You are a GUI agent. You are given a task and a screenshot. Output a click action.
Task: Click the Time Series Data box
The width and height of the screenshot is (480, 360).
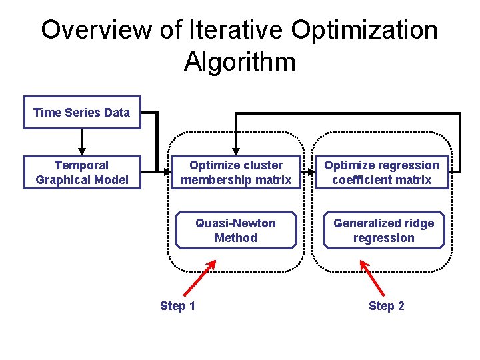82,112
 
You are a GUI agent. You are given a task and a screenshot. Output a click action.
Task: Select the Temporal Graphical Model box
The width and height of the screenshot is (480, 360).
82,173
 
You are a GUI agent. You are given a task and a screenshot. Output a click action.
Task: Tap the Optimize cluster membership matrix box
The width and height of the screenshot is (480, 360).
236,173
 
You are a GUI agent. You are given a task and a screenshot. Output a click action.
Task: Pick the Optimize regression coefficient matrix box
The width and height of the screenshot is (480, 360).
381,173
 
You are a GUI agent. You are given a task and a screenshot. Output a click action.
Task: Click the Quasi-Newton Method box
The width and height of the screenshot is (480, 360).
235,231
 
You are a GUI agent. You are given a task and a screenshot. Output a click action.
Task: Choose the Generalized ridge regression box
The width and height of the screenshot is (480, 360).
383,231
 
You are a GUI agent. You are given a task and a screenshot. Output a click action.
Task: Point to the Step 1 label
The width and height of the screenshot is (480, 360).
177,306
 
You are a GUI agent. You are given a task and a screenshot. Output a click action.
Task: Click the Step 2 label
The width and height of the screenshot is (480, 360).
386,306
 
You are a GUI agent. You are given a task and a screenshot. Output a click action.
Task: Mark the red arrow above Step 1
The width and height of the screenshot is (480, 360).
199,277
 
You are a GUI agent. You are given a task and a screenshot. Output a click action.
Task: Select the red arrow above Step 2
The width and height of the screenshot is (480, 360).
373,277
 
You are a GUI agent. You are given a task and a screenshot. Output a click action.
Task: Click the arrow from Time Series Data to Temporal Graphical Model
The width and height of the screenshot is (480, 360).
82,141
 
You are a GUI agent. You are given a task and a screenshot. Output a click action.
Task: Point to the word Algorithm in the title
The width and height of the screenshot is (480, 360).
239,62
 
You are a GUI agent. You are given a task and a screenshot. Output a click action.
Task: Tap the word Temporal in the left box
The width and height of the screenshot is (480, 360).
81,165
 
